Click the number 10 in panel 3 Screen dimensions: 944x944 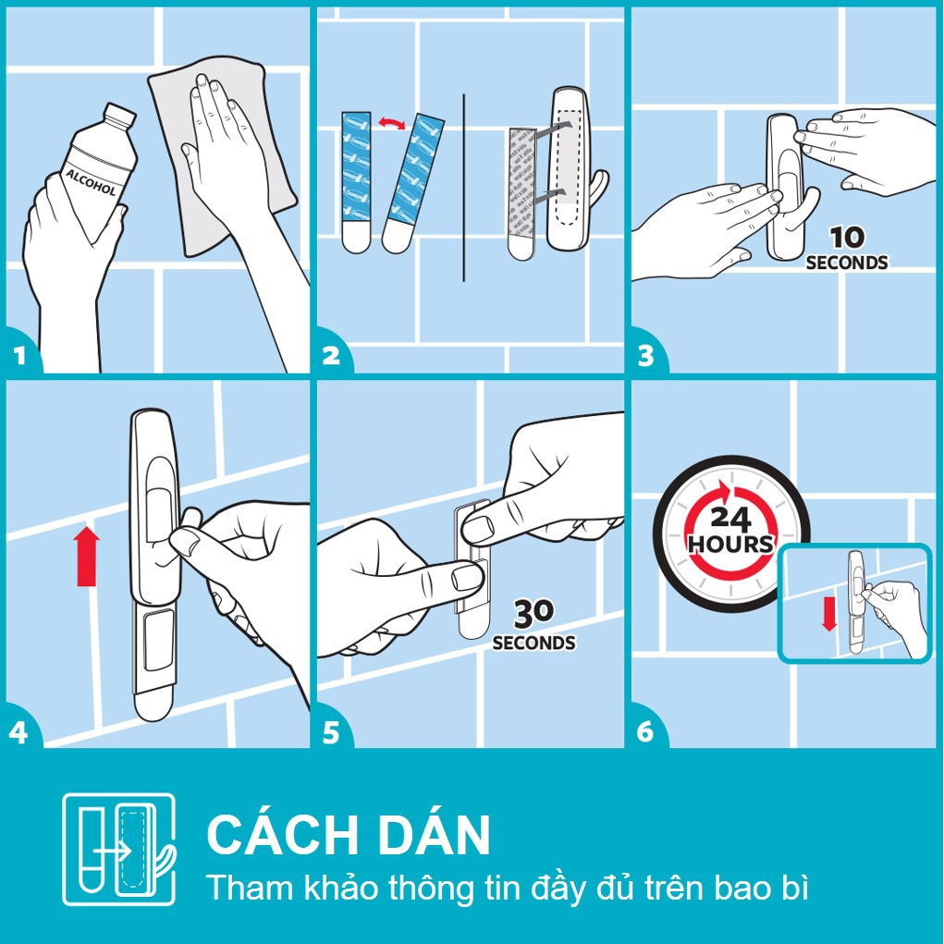(x=846, y=239)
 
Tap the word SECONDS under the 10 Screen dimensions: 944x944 (x=846, y=263)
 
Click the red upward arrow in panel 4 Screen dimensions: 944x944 (x=87, y=555)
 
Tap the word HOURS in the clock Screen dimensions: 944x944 (x=729, y=543)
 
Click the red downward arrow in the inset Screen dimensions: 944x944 (x=828, y=613)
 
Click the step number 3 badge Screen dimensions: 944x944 (x=646, y=355)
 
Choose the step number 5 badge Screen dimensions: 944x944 (x=332, y=731)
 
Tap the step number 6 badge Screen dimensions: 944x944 (x=646, y=731)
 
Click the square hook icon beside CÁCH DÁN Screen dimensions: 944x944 (x=117, y=849)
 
